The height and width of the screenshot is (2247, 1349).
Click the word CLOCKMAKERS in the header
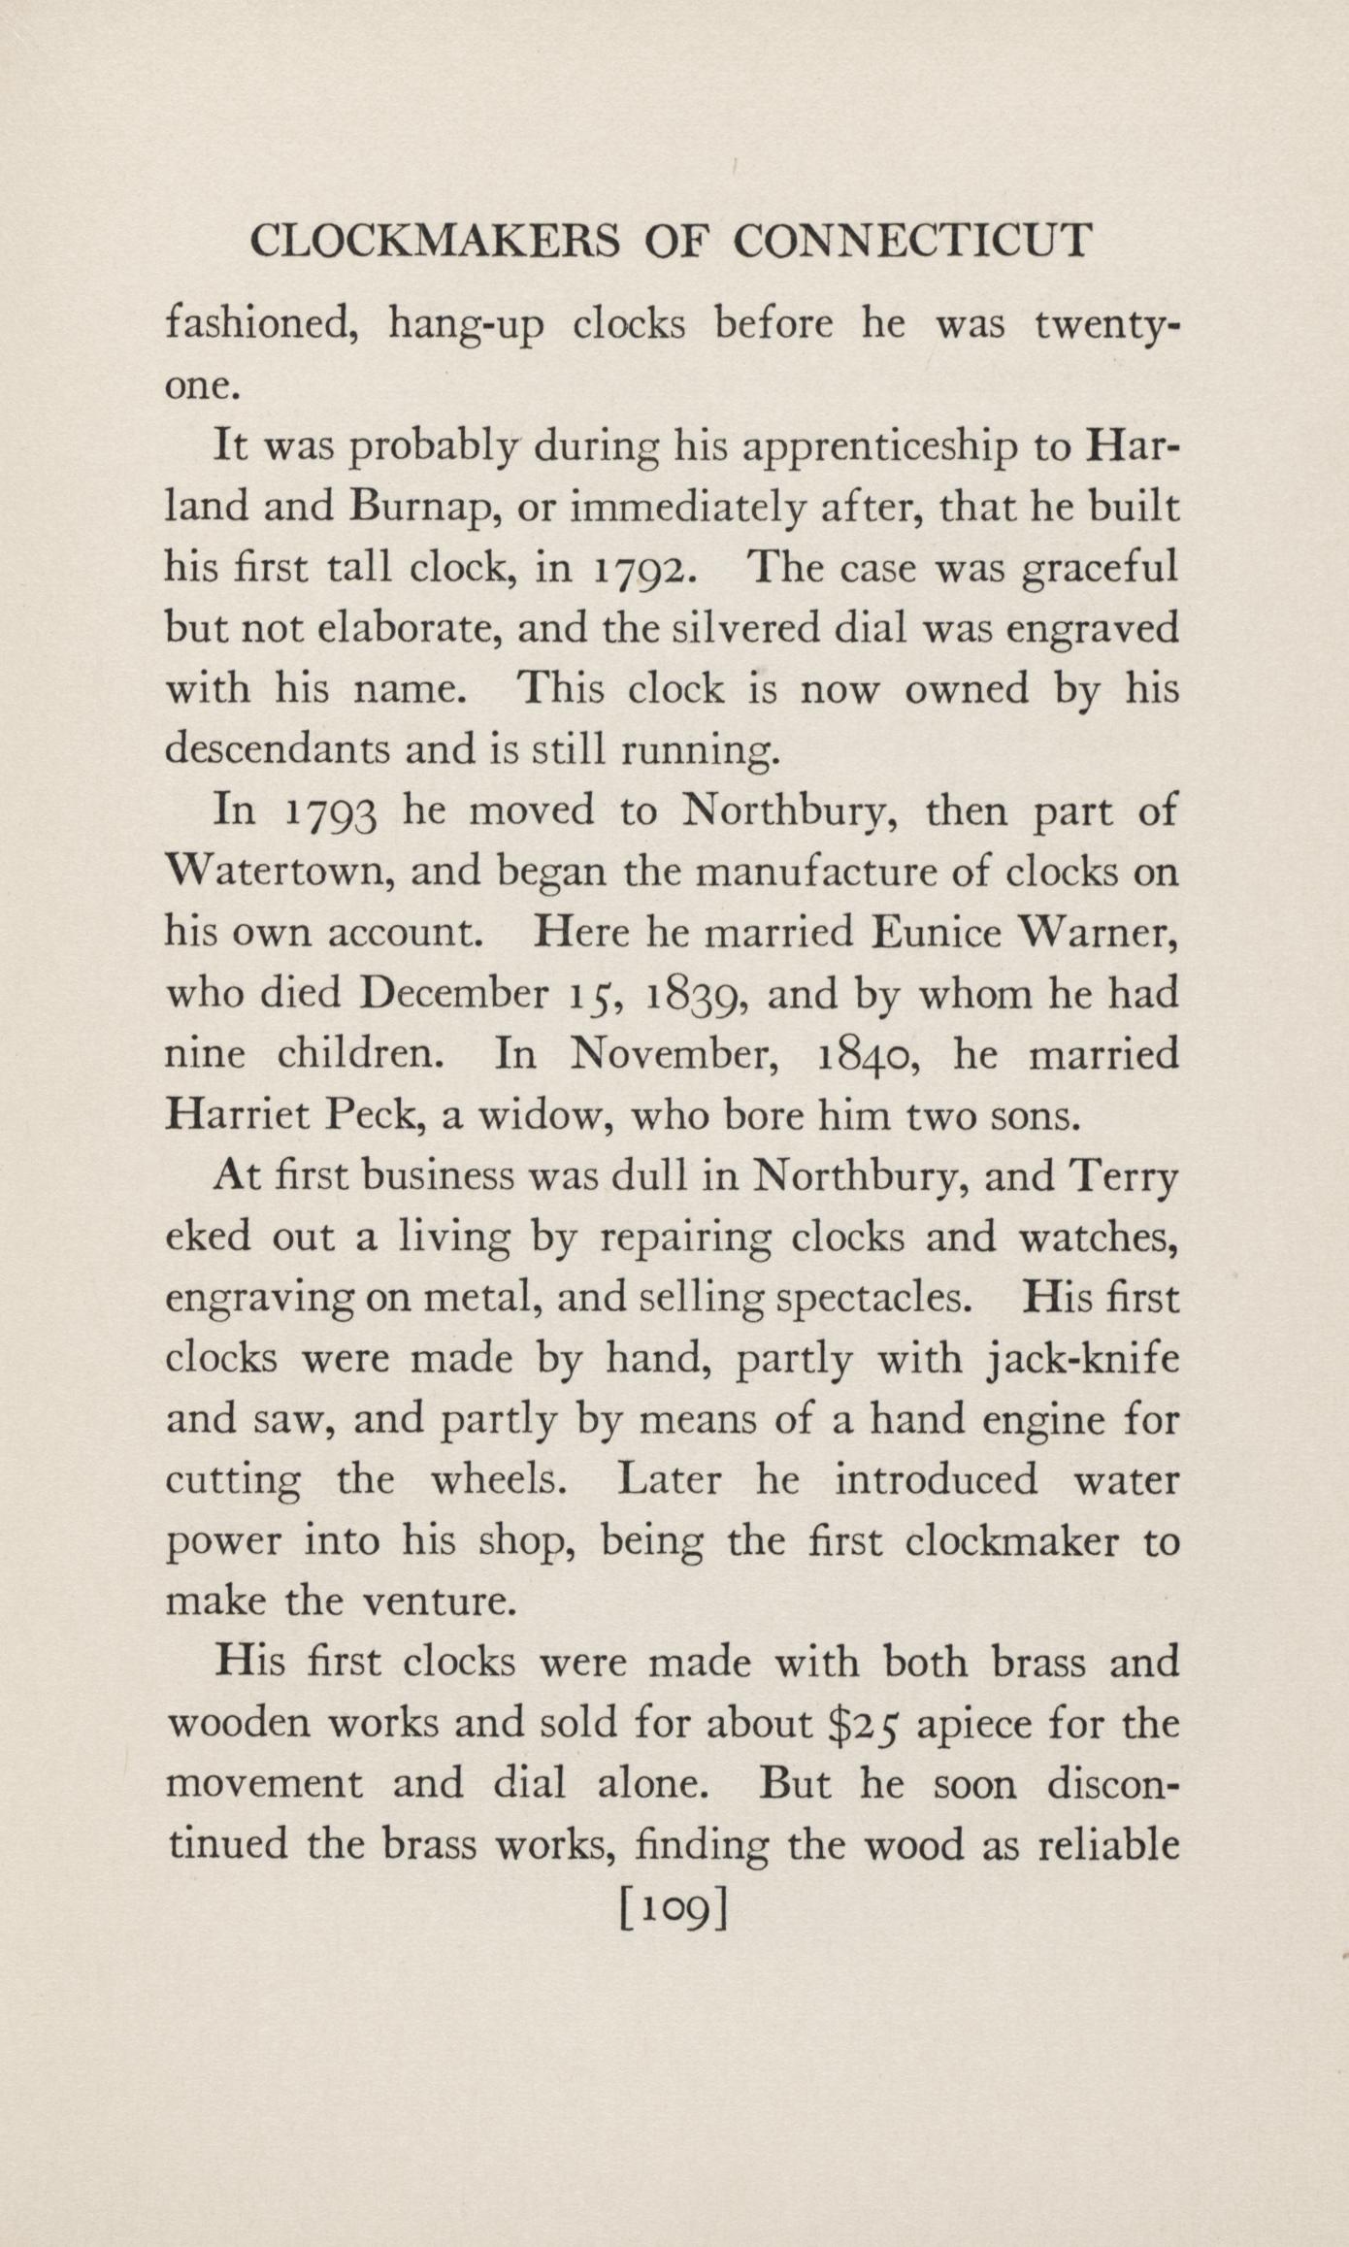click(434, 241)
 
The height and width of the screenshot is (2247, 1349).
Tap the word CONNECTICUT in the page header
click(912, 241)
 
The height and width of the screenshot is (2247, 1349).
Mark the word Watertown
click(280, 872)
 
